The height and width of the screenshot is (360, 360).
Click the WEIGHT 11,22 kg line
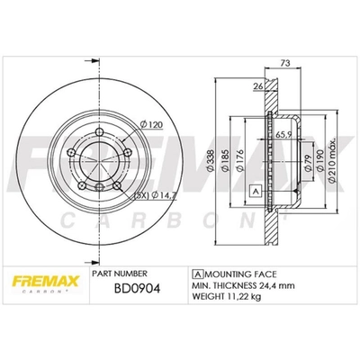226,298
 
